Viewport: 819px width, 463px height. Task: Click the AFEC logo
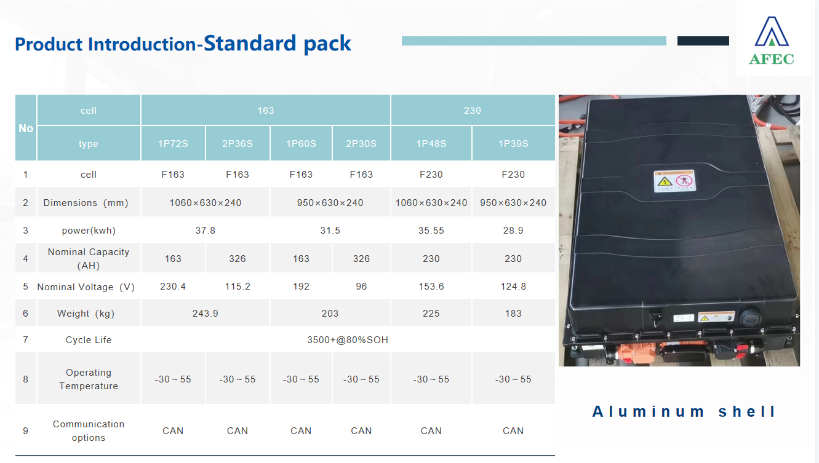coord(772,40)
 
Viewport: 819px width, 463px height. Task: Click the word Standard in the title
coord(250,43)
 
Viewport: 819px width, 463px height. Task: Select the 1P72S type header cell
coord(173,144)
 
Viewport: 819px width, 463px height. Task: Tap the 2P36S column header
coord(238,144)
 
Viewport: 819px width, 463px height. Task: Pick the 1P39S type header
coord(513,144)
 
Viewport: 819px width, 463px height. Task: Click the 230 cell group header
coord(473,110)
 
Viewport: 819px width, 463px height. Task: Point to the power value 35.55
coord(431,231)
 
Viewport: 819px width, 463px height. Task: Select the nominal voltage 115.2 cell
coord(238,286)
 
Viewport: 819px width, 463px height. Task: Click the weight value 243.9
coord(205,314)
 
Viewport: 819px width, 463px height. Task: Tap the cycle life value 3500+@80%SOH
coord(347,340)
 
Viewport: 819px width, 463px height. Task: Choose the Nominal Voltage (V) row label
coord(86,287)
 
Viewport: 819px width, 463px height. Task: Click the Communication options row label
coord(89,431)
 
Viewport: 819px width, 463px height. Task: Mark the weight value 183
coord(513,314)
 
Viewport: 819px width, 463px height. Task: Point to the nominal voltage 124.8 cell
coord(513,286)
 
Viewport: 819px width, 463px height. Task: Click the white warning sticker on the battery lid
coord(674,181)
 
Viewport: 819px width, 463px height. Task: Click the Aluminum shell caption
coord(683,411)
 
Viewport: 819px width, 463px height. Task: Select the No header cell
coord(26,128)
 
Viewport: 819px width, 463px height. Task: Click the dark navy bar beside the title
coord(703,41)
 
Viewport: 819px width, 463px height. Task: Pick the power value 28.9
coord(513,231)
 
